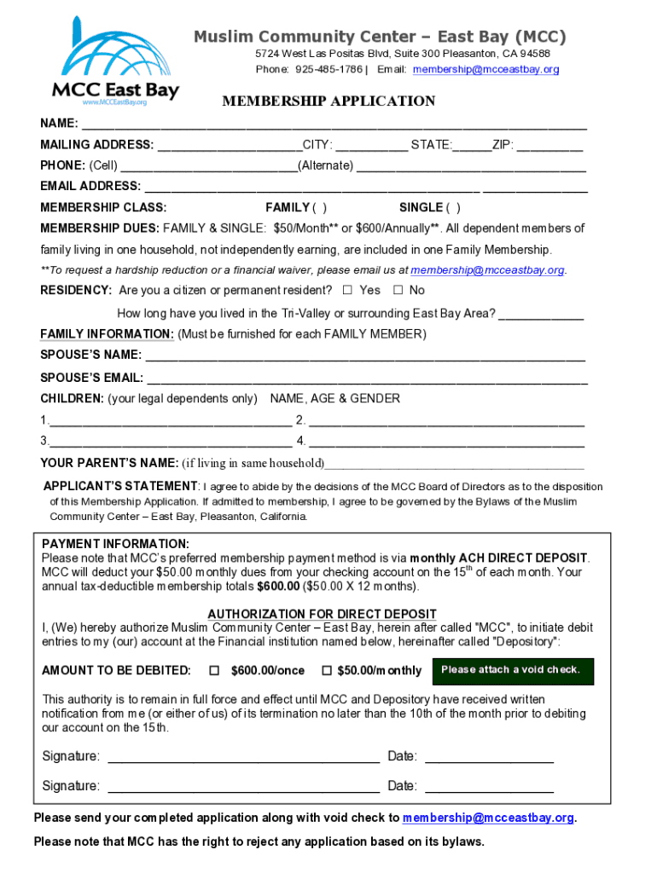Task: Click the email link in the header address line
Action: pyautogui.click(x=485, y=69)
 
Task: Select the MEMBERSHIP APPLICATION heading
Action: pyautogui.click(x=328, y=101)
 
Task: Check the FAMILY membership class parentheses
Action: pyautogui.click(x=319, y=207)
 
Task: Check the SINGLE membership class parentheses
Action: pyautogui.click(x=453, y=207)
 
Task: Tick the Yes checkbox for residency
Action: pyautogui.click(x=347, y=290)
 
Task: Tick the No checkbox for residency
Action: pyautogui.click(x=398, y=290)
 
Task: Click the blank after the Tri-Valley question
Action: pyautogui.click(x=541, y=314)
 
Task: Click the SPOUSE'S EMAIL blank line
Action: pyautogui.click(x=367, y=378)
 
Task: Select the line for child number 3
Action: pyautogui.click(x=171, y=442)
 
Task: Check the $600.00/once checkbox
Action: pyautogui.click(x=215, y=671)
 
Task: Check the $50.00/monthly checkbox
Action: pyautogui.click(x=326, y=671)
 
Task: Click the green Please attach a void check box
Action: pyautogui.click(x=513, y=671)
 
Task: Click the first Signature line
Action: pyautogui.click(x=243, y=757)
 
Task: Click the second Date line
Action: pyautogui.click(x=489, y=787)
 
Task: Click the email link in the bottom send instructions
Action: pyautogui.click(x=488, y=818)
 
